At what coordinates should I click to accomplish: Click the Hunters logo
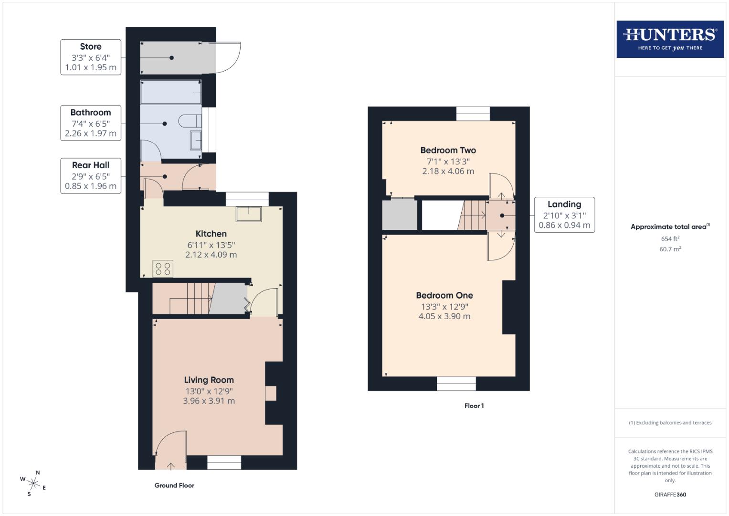coord(670,39)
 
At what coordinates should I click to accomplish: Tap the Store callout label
coord(91,57)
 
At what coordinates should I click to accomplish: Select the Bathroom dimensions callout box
coord(91,123)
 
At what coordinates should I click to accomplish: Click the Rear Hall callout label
coord(91,176)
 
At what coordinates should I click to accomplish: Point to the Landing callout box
coord(564,215)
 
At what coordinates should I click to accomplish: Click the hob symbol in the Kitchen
coord(163,269)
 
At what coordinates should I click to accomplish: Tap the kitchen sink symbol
coord(249,214)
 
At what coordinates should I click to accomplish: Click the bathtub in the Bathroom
coord(171,92)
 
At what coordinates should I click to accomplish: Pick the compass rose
coord(33,483)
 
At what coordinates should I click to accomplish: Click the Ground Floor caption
coord(174,485)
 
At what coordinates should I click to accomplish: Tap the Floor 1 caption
coord(474,406)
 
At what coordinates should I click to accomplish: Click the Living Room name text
coord(209,380)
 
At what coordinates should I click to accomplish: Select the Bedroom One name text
coord(444,295)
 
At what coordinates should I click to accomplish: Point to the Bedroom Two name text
coord(448,150)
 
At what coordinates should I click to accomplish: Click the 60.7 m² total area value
coord(670,249)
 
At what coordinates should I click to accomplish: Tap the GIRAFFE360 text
coord(670,494)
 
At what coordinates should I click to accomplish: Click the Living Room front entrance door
coord(170,447)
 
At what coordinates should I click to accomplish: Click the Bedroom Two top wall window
coord(473,114)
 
